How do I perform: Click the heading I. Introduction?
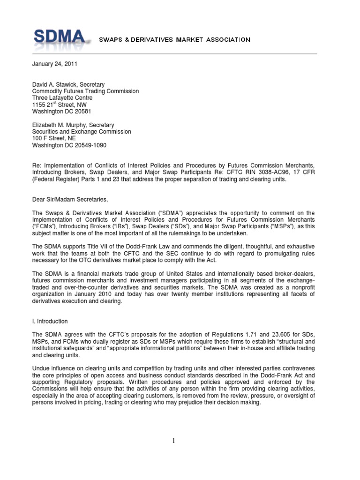click(x=50, y=321)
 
